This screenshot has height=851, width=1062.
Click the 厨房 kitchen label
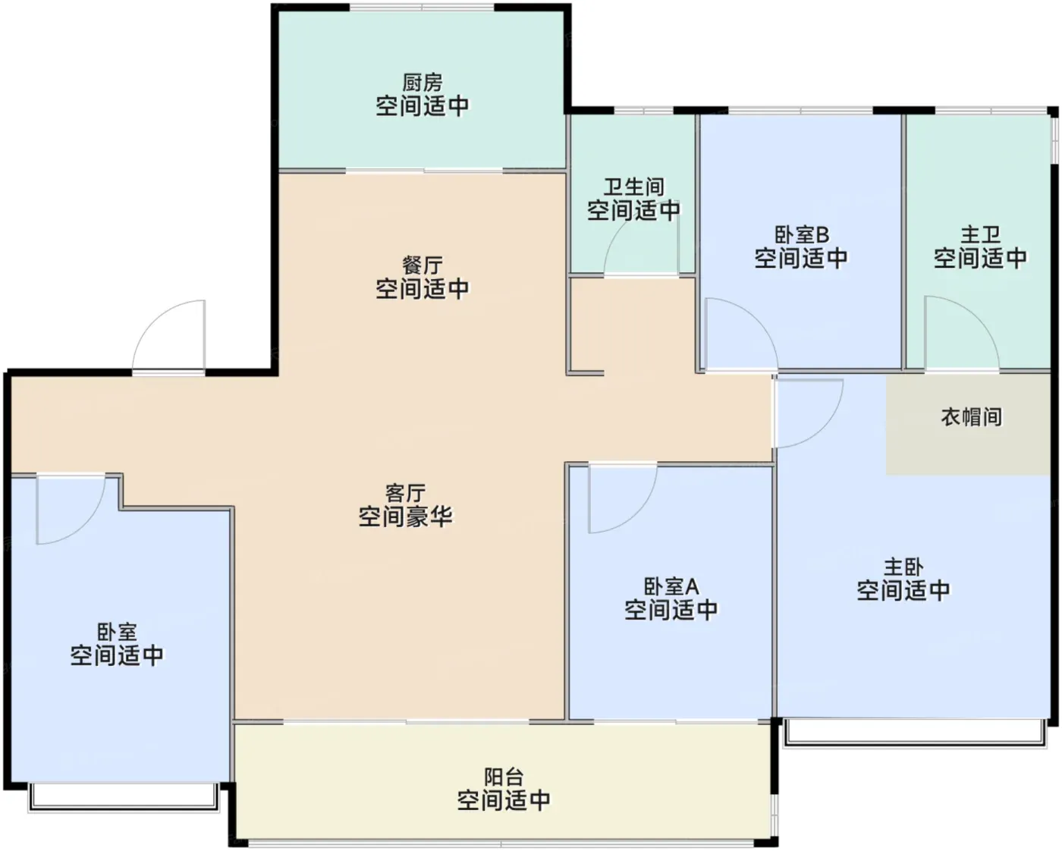tap(423, 83)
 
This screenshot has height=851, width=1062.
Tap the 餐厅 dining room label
tap(423, 265)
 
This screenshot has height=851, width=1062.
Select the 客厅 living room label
tap(405, 493)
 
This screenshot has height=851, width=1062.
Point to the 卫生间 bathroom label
tap(633, 187)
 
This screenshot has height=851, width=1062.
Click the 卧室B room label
tap(802, 235)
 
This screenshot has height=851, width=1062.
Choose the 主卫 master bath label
tap(980, 235)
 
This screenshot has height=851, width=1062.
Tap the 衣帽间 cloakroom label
tap(971, 417)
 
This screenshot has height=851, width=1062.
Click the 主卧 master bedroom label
tap(903, 567)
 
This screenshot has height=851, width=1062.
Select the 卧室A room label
tap(671, 586)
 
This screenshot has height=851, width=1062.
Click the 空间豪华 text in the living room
tap(405, 517)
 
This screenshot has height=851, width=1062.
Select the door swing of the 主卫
tap(979, 319)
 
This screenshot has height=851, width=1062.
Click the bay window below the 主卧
tap(915, 733)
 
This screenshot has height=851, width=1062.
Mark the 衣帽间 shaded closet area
tap(968, 425)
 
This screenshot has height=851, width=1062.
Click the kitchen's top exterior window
tap(422, 7)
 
